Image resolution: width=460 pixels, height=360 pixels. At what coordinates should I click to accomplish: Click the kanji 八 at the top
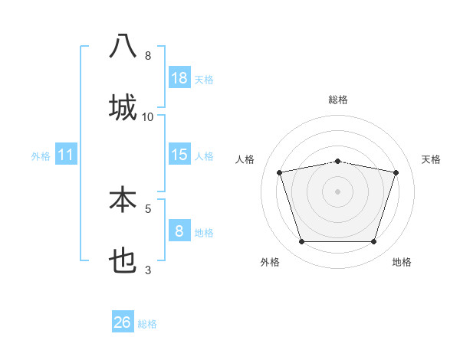tap(123, 47)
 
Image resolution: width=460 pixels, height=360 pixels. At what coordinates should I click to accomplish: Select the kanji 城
tap(123, 106)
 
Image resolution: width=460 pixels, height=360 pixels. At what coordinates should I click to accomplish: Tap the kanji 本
tap(123, 200)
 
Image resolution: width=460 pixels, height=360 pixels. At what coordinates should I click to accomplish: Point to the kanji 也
tap(123, 261)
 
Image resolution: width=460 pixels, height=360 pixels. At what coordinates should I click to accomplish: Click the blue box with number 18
tap(179, 78)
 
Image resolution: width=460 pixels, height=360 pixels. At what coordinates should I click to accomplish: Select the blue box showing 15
tap(179, 155)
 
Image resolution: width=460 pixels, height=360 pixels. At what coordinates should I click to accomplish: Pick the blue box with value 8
tap(179, 231)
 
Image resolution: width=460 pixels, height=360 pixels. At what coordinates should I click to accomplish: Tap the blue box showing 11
tap(66, 155)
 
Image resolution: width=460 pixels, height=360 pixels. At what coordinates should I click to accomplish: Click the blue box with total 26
tap(123, 322)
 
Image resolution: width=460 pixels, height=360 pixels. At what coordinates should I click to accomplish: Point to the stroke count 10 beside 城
tap(148, 116)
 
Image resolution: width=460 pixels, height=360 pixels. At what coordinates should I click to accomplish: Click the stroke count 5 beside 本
tap(148, 208)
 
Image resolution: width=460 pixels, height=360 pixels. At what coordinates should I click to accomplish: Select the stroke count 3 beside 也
tap(148, 269)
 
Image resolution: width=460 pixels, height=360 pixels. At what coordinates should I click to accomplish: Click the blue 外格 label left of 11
tap(41, 155)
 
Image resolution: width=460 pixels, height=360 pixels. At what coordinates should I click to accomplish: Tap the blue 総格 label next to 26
tap(147, 323)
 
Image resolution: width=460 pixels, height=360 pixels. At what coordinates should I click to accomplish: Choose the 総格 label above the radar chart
tap(338, 100)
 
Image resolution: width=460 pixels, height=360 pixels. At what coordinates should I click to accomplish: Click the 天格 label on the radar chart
tap(432, 159)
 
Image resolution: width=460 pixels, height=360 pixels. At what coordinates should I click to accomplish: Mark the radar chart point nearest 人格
tap(281, 172)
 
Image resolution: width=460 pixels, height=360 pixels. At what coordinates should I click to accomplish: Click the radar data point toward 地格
tap(373, 241)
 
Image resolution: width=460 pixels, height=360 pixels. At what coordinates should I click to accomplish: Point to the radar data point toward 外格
tap(302, 241)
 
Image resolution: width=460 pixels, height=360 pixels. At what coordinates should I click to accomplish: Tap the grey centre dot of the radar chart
tap(338, 191)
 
